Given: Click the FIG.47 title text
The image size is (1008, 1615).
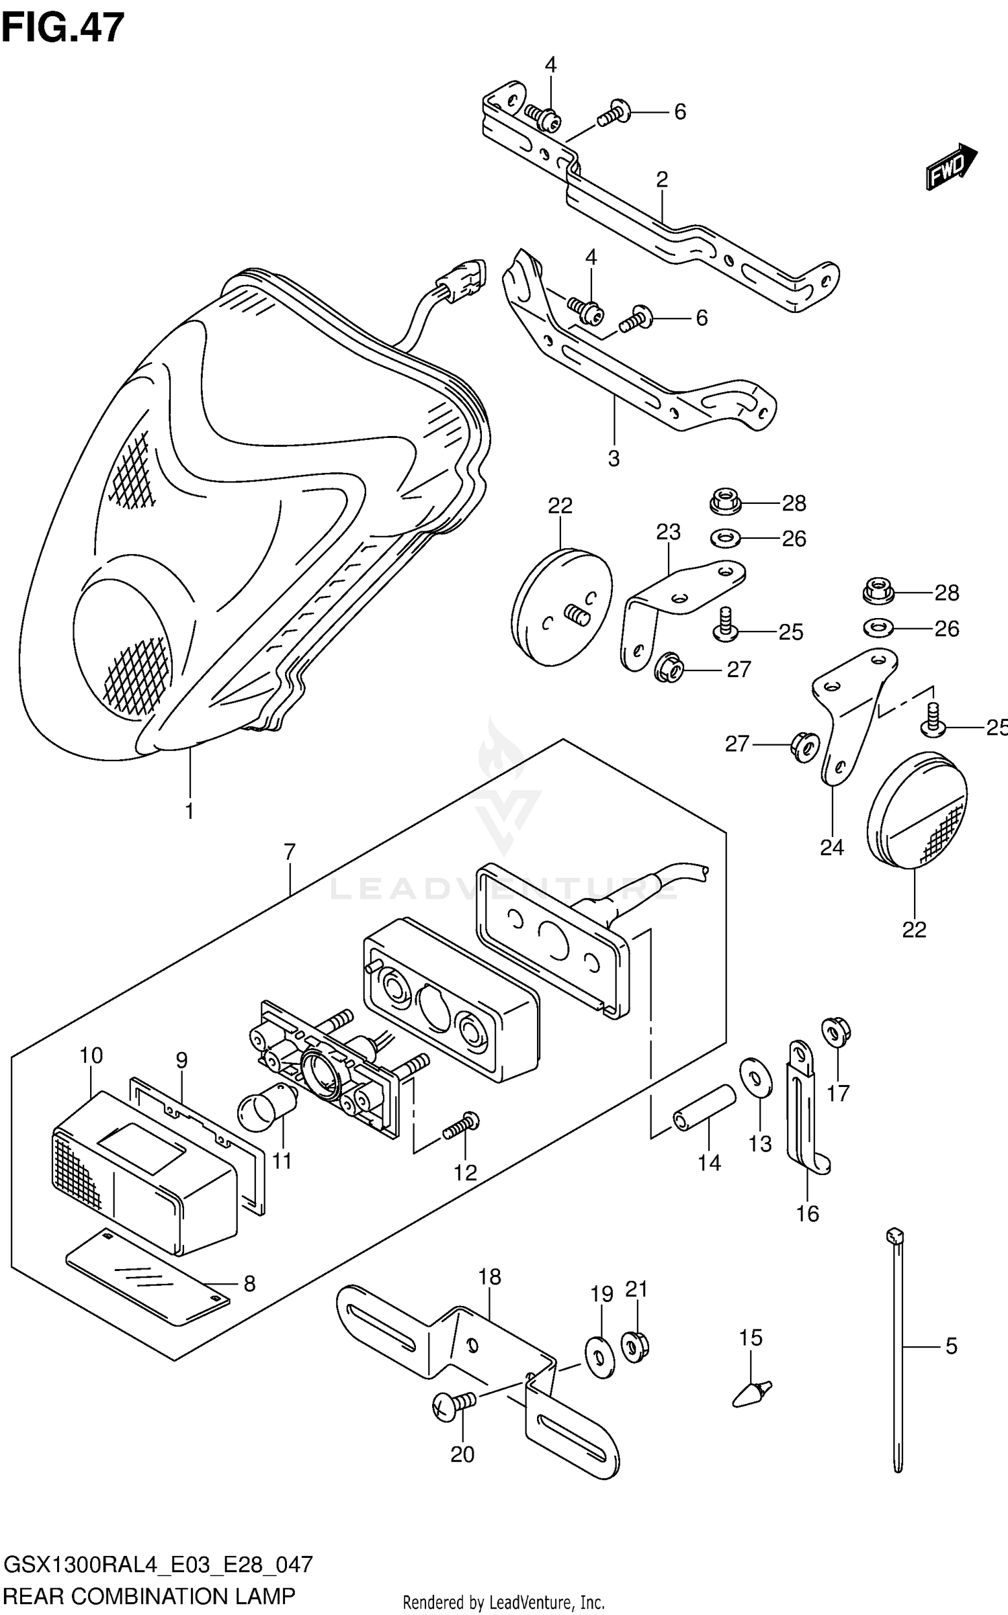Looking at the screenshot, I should (x=63, y=28).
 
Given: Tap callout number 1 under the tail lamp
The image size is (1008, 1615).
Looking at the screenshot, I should (x=190, y=811).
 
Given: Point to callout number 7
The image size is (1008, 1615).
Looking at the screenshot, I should (x=289, y=853).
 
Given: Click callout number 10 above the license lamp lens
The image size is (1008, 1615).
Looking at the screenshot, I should (x=91, y=1055).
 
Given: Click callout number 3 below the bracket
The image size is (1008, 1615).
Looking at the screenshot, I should (x=613, y=459).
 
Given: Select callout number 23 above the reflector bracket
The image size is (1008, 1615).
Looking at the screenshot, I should (x=668, y=532).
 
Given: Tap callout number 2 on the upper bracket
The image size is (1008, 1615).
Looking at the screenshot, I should (x=662, y=179).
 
